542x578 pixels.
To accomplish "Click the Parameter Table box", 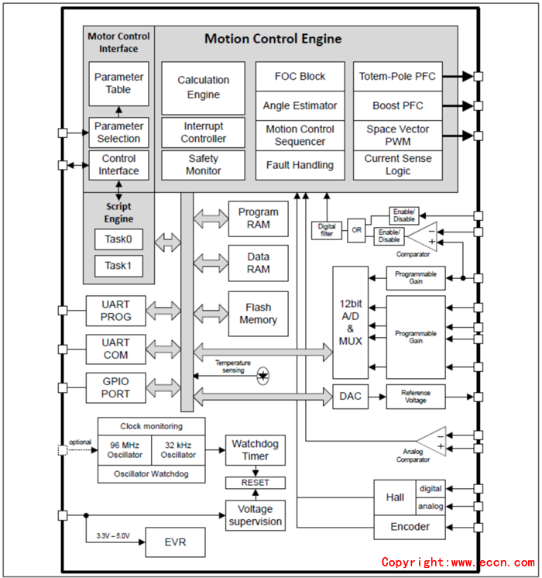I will (118, 84).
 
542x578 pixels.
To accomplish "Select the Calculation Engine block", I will (203, 88).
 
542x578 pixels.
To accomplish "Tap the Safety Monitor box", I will (203, 165).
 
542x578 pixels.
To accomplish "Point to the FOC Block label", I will (300, 77).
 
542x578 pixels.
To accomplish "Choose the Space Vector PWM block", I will (398, 136).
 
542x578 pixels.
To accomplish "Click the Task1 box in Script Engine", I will (118, 266).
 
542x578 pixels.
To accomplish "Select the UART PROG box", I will (115, 311).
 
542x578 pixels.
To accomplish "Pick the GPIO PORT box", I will (115, 387).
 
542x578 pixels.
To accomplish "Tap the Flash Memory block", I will (258, 314).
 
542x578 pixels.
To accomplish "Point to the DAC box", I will (350, 397).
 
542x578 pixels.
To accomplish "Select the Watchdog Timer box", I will (256, 450).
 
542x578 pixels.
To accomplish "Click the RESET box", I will (256, 483).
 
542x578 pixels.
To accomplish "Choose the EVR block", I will (176, 542).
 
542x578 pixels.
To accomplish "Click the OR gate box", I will (356, 230).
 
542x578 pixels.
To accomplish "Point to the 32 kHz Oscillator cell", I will (178, 449).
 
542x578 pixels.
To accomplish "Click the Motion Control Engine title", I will (273, 39).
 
